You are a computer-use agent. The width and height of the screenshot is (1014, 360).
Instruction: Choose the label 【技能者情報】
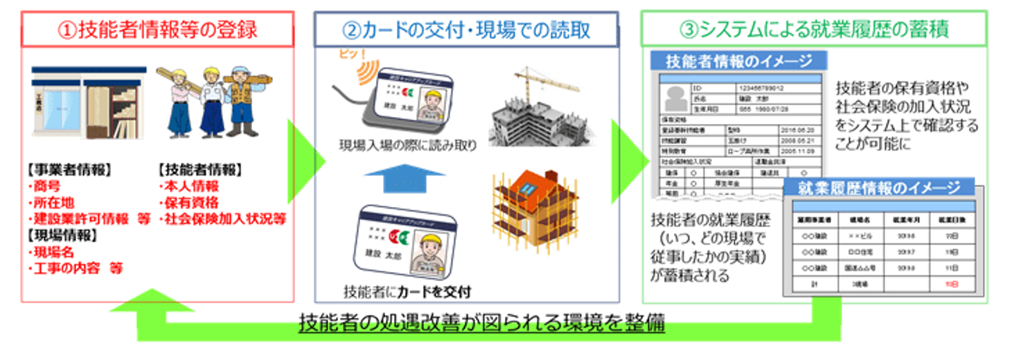coord(199,170)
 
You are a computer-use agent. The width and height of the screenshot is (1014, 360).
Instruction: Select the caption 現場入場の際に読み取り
coord(406,147)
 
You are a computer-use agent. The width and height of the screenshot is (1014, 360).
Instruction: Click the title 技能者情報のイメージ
coord(739,61)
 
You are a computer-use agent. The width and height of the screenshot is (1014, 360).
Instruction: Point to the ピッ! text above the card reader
coord(351,54)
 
